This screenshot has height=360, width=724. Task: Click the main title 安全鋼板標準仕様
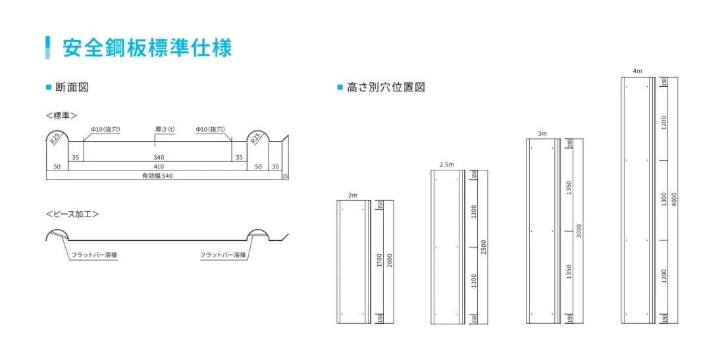(147, 48)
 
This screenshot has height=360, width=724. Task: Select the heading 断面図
(72, 87)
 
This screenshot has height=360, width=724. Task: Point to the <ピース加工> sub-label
(72, 214)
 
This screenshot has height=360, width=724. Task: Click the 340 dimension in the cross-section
(159, 158)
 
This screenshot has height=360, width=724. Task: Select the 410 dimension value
(159, 167)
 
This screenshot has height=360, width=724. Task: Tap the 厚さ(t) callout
(165, 130)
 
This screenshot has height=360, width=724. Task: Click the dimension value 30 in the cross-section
(275, 167)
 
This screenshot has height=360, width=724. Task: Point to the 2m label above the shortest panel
(352, 195)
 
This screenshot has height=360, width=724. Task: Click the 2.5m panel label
(446, 165)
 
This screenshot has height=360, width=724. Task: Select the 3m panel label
(542, 134)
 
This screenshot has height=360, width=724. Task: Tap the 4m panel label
(637, 70)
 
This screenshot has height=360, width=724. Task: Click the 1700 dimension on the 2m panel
(380, 261)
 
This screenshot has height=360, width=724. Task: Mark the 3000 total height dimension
(579, 231)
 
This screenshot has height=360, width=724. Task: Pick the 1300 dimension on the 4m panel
(664, 199)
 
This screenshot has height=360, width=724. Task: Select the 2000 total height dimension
(390, 261)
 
